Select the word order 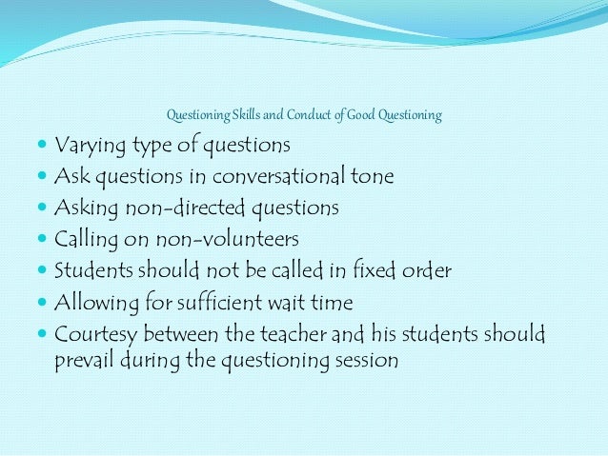tap(425, 270)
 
